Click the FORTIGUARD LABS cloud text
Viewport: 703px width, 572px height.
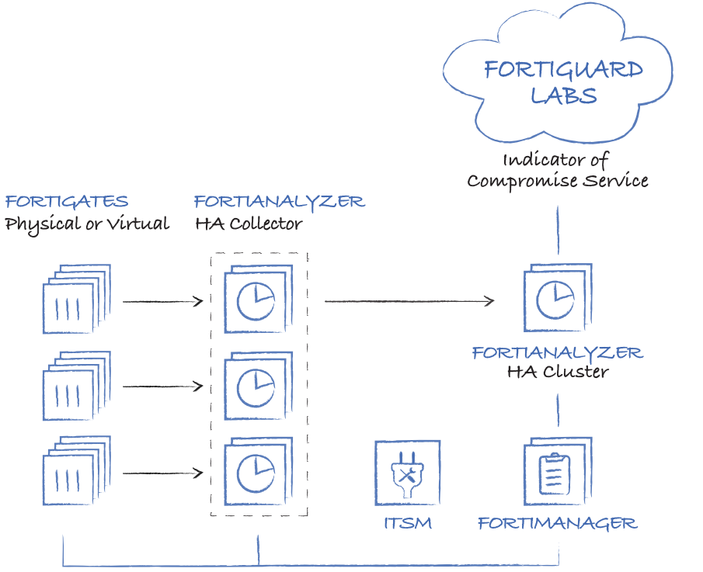tap(563, 82)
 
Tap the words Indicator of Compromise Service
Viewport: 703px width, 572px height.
tap(557, 171)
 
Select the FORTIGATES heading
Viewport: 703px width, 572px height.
tap(67, 202)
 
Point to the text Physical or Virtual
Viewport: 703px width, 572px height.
tap(87, 224)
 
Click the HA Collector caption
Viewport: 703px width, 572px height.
tap(249, 224)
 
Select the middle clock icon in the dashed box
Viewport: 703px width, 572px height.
tap(256, 387)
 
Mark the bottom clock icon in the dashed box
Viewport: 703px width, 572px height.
tap(256, 473)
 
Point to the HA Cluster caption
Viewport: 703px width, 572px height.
tap(558, 372)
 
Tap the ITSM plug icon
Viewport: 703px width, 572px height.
tap(408, 474)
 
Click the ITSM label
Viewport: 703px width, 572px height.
tap(408, 523)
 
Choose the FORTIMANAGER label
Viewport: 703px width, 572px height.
tap(558, 523)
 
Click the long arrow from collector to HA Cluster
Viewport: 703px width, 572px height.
tap(409, 301)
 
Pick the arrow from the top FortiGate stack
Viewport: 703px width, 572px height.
tap(162, 301)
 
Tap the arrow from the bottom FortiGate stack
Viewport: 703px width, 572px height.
tap(162, 473)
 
